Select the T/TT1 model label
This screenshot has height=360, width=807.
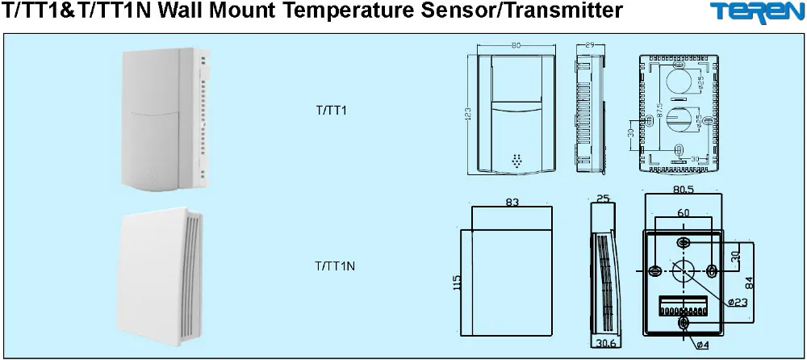pyautogui.click(x=331, y=111)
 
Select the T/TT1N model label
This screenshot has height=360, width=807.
pyautogui.click(x=335, y=265)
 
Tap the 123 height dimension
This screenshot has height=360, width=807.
pyautogui.click(x=467, y=113)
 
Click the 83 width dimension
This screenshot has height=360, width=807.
pyautogui.click(x=512, y=203)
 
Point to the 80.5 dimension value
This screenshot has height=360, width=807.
pyautogui.click(x=683, y=190)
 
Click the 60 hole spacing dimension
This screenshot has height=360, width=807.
pyautogui.click(x=684, y=211)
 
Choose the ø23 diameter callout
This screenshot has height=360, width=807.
pyautogui.click(x=737, y=302)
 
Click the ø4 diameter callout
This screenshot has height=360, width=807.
pyautogui.click(x=703, y=345)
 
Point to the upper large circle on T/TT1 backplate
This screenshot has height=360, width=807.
pyautogui.click(x=679, y=80)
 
